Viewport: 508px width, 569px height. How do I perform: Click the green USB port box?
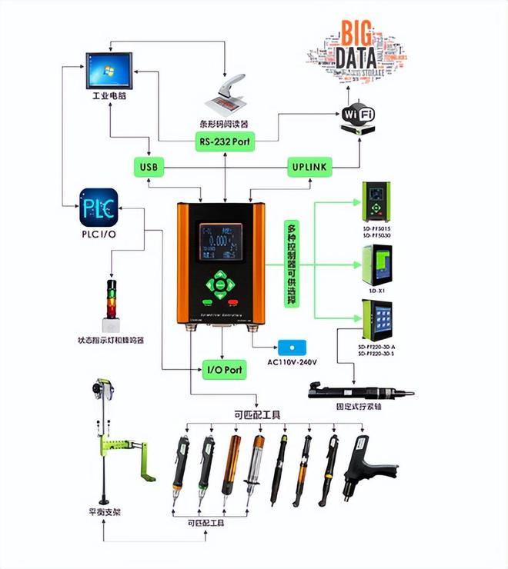point(149,166)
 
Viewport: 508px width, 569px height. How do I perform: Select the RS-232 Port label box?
point(224,141)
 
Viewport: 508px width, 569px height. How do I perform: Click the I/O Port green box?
point(223,369)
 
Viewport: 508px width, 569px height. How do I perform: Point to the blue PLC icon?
point(98,207)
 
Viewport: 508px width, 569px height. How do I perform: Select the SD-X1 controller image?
point(376,265)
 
